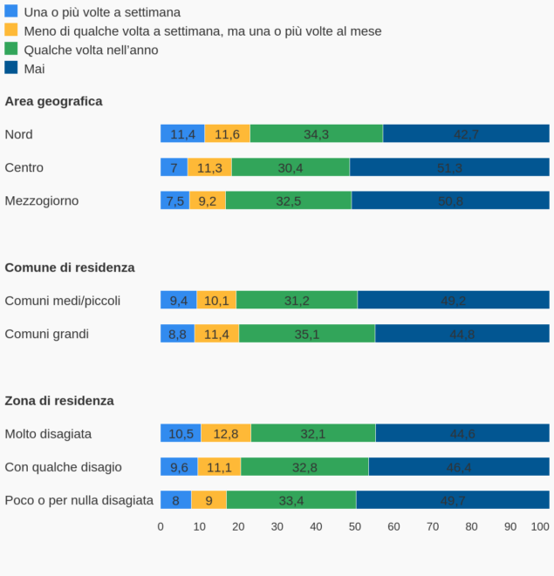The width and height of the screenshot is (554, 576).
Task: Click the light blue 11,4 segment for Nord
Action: tap(182, 134)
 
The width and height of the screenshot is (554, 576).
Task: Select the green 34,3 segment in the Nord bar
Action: tap(317, 134)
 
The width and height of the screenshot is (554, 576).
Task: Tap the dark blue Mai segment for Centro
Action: tap(449, 167)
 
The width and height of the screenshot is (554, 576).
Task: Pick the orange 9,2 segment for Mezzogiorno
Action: tap(208, 200)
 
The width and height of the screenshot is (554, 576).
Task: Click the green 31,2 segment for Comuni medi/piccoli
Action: tap(297, 301)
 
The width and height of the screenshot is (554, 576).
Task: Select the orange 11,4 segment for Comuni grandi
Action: tap(216, 334)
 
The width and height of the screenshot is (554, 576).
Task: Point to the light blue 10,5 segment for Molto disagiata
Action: tap(181, 434)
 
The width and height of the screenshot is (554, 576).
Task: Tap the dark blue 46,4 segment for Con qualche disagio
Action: tap(459, 467)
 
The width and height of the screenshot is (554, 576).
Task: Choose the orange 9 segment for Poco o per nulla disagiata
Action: tap(209, 500)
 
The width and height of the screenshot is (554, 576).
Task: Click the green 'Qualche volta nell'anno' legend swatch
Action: tap(11, 49)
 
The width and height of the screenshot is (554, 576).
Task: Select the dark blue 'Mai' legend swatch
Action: tap(11, 68)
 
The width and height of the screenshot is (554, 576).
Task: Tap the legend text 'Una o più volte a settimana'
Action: tap(102, 12)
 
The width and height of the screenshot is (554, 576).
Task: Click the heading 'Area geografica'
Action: tap(53, 101)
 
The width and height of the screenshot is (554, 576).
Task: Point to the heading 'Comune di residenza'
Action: tap(70, 268)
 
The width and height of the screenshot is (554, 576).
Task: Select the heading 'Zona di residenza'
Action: tap(59, 401)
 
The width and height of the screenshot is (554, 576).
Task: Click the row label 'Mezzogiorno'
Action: tap(42, 200)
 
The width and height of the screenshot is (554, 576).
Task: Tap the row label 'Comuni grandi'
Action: tap(47, 334)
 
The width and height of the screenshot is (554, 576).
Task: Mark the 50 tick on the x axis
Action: tap(355, 526)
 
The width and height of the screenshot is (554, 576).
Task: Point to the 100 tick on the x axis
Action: tap(540, 526)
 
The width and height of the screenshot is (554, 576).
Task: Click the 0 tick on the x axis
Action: tap(161, 526)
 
